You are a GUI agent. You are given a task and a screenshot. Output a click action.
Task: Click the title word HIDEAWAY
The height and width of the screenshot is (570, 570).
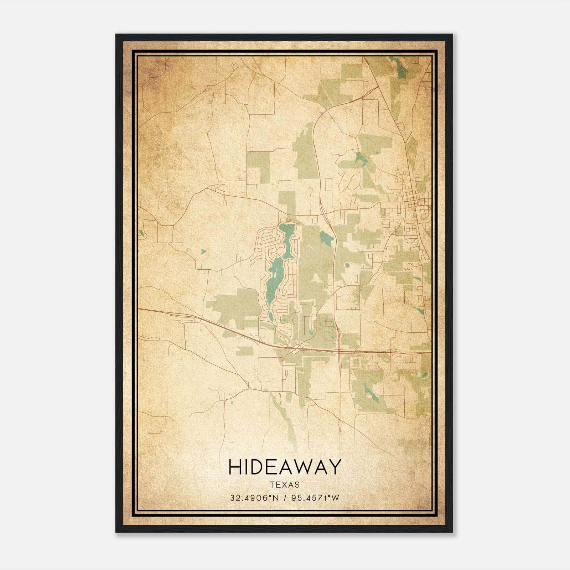pyautogui.click(x=285, y=467)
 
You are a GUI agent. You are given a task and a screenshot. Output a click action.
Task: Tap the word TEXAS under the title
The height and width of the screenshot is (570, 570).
pyautogui.click(x=285, y=485)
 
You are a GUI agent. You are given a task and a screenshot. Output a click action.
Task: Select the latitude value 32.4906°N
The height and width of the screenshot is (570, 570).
pyautogui.click(x=253, y=498)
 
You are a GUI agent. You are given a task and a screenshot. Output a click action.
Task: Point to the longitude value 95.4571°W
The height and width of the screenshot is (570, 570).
pyautogui.click(x=315, y=498)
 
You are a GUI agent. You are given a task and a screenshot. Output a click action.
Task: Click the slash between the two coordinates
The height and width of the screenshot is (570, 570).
pyautogui.click(x=284, y=498)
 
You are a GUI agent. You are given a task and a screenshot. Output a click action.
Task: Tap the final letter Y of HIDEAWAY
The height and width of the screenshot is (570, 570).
pyautogui.click(x=335, y=467)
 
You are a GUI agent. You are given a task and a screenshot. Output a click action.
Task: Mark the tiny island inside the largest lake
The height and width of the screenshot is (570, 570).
pyautogui.click(x=275, y=275)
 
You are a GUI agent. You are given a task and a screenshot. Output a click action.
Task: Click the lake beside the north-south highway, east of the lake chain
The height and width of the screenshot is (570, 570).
pyautogui.click(x=325, y=237)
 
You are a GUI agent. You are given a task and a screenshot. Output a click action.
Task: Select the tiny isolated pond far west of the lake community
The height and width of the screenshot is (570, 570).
pyautogui.click(x=203, y=252)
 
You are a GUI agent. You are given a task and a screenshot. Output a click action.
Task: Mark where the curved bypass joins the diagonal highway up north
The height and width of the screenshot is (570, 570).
pyautogui.click(x=377, y=87)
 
